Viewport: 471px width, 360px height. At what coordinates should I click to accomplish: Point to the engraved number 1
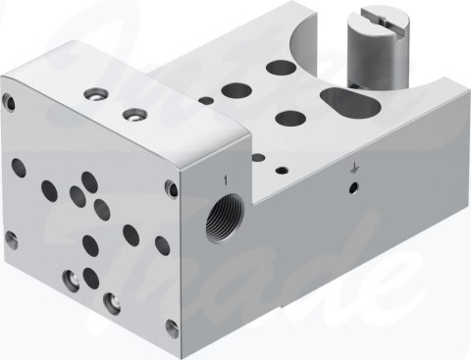point(225,180)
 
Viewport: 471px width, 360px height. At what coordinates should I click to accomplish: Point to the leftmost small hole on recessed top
point(204,100)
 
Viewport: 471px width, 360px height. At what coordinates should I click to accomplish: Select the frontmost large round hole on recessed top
point(288,120)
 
